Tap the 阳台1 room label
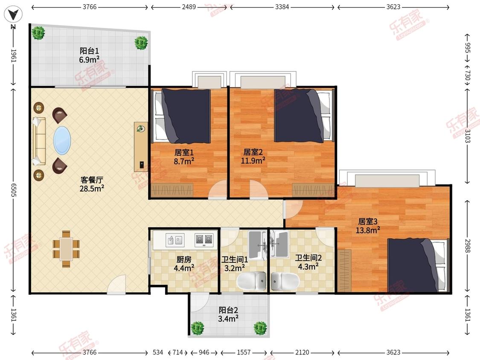[x=89, y=51]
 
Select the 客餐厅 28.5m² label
[x=92, y=184]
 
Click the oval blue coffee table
[x=62, y=140]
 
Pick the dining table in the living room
[x=66, y=249]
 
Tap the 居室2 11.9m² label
[x=253, y=156]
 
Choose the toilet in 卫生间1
[x=252, y=281]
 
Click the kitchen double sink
[x=175, y=239]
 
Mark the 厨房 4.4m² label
[x=184, y=264]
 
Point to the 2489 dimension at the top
[x=189, y=7]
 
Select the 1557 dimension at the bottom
[x=244, y=352]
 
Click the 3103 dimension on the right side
[x=467, y=136]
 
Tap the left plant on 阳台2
[x=198, y=328]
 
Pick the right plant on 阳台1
[x=141, y=43]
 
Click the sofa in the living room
[x=39, y=141]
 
